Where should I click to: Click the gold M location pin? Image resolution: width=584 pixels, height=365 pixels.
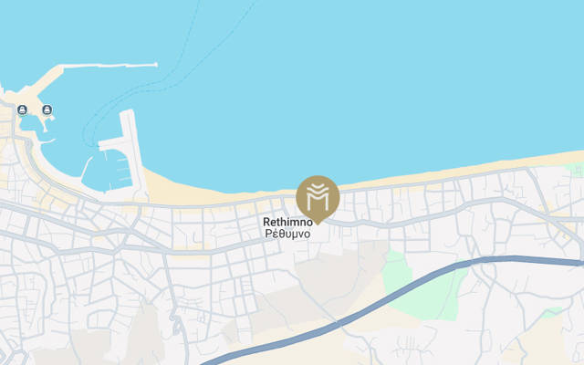[x=318, y=195]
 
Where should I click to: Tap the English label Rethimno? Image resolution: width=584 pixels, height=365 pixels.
[x=287, y=222]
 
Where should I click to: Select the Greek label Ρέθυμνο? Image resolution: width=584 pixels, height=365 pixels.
[x=287, y=234]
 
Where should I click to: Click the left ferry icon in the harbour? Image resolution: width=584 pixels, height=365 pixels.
[x=21, y=110]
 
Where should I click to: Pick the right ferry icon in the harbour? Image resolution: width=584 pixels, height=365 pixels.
[x=47, y=110]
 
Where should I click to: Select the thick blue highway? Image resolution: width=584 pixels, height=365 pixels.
[x=383, y=288]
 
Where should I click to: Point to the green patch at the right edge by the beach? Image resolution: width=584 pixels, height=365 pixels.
[x=575, y=170]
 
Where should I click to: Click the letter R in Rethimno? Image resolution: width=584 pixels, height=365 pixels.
[x=266, y=222]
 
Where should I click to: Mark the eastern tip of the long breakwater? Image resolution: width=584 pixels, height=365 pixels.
[x=155, y=64]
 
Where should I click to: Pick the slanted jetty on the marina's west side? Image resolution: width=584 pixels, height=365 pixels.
[x=88, y=168]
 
